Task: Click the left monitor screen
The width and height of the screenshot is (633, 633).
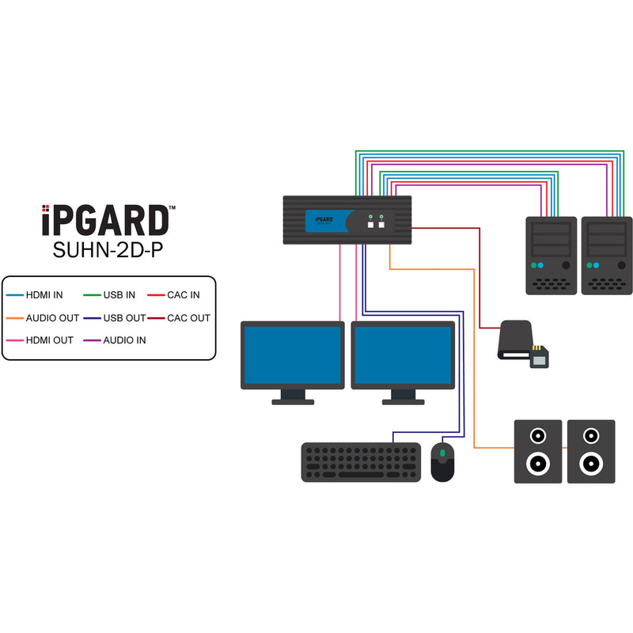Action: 292,356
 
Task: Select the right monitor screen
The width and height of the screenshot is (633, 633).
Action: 403,356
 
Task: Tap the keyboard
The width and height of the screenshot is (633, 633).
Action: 361,462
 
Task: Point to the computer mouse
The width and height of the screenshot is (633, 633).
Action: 442,462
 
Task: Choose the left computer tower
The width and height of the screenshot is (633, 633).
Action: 552,255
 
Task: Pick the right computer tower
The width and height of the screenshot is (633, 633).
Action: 607,255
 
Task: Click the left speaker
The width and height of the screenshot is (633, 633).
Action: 538,451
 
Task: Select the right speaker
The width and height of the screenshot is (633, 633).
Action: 591,451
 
